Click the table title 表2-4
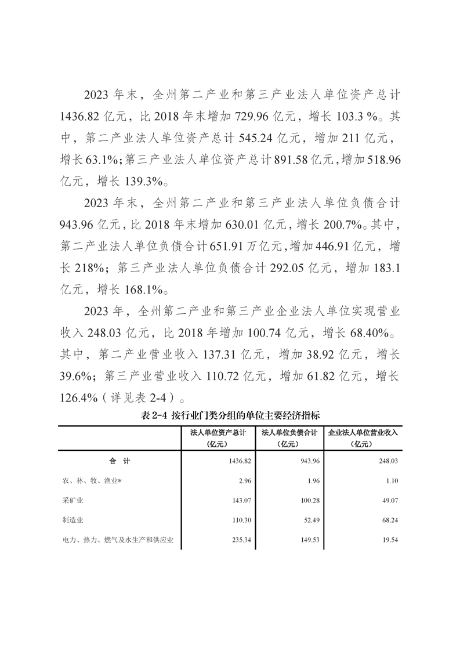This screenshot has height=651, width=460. pos(230,415)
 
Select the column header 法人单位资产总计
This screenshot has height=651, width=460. pos(219,433)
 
